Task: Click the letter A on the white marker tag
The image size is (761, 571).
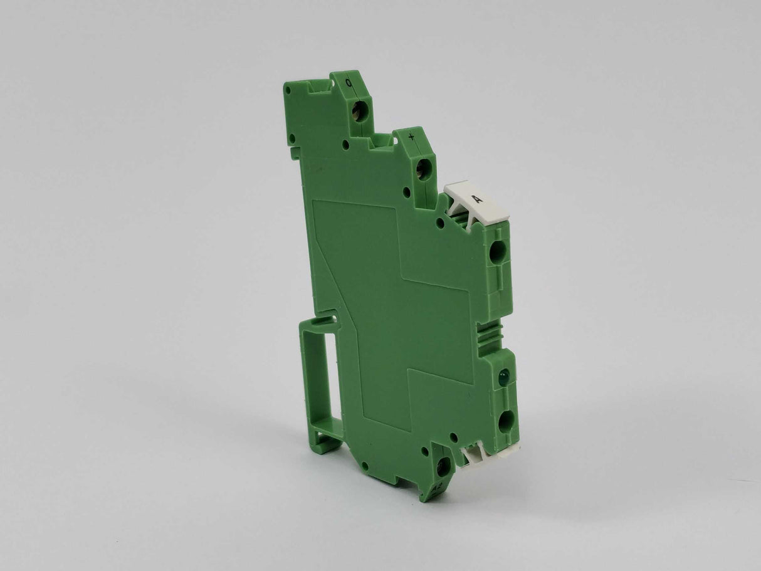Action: [x=478, y=199]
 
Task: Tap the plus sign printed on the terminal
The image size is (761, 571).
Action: [x=411, y=136]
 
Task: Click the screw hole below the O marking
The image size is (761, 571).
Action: [x=359, y=112]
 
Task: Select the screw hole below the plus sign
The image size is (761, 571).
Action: [x=424, y=169]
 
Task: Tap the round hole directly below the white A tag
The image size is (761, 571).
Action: [x=497, y=252]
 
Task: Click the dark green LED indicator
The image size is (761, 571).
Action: [x=503, y=377]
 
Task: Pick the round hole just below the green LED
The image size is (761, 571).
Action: [x=506, y=421]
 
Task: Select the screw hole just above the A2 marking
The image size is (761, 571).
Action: [x=443, y=466]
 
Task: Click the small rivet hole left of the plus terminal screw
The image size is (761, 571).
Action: [x=406, y=192]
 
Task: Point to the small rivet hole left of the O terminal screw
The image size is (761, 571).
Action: [x=346, y=145]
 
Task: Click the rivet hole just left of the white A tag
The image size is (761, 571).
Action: [x=440, y=223]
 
